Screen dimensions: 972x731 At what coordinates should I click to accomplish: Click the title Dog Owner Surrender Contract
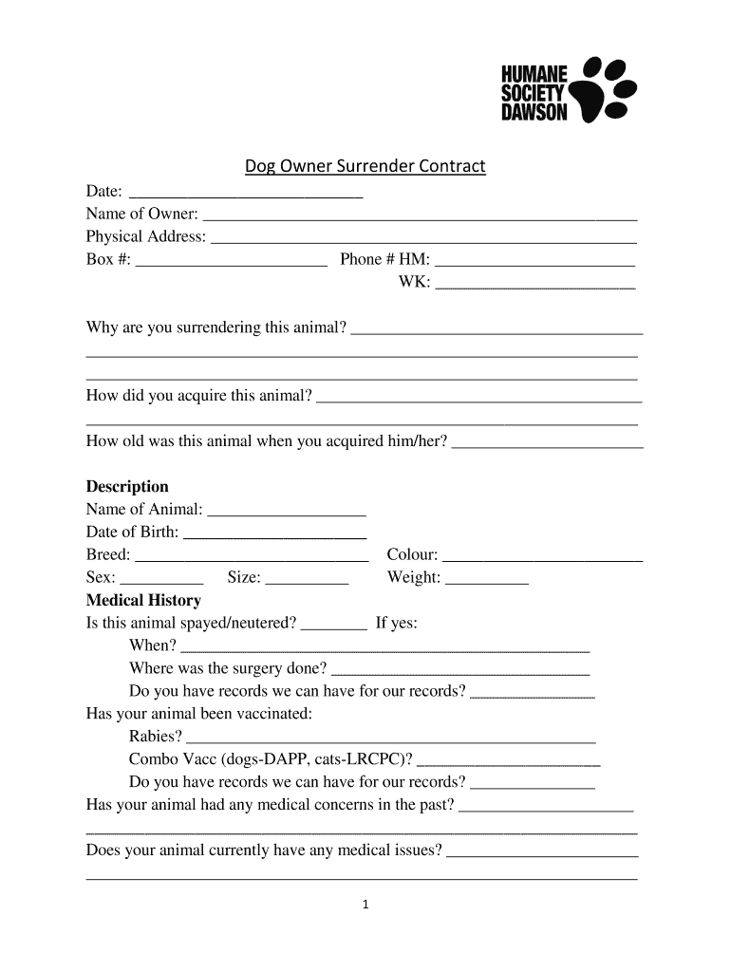pyautogui.click(x=365, y=167)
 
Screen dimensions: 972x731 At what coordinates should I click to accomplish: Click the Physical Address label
pyautogui.click(x=146, y=236)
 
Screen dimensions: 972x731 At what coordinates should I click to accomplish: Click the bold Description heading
pyautogui.click(x=127, y=487)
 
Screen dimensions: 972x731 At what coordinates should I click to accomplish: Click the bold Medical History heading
pyautogui.click(x=143, y=601)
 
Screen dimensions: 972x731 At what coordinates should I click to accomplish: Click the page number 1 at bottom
pyautogui.click(x=365, y=905)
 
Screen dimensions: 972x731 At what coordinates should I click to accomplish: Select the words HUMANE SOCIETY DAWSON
pyautogui.click(x=534, y=93)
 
